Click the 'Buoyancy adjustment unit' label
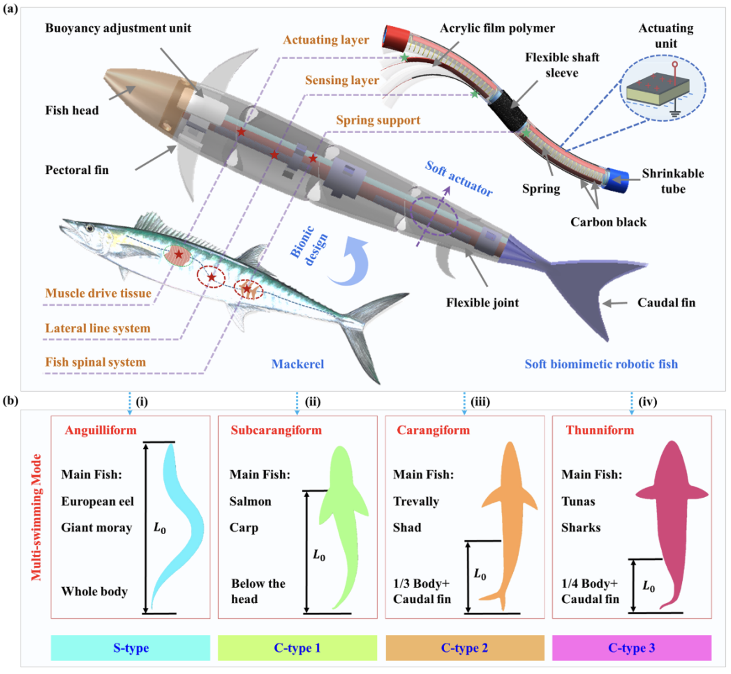pyautogui.click(x=118, y=28)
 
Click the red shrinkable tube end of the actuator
pyautogui.click(x=396, y=38)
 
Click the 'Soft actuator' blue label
pyautogui.click(x=459, y=179)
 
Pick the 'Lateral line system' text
pyautogui.click(x=98, y=328)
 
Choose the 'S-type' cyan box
pyautogui.click(x=131, y=647)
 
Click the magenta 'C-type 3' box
pyautogui.click(x=632, y=647)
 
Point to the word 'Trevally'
pyautogui.click(x=416, y=501)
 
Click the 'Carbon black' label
pyautogui.click(x=608, y=222)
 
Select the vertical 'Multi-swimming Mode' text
pyautogui.click(x=36, y=517)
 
